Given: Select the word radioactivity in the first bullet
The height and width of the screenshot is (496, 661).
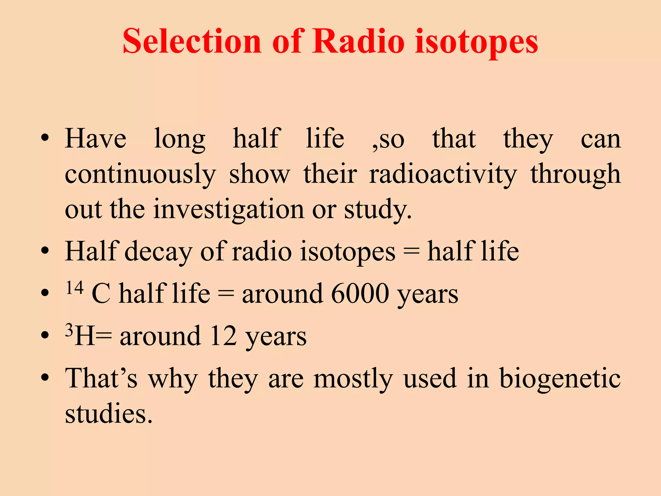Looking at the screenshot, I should click(443, 174).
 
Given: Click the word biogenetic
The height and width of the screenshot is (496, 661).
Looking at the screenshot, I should click(560, 378).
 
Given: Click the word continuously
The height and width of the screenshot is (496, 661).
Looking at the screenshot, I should click(140, 174).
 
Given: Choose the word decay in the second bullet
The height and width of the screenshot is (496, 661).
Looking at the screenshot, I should click(158, 252).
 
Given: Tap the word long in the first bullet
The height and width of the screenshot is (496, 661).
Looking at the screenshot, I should click(179, 139).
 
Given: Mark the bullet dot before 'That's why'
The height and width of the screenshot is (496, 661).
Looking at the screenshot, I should click(45, 377).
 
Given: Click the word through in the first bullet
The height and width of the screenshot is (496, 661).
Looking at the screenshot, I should click(575, 174).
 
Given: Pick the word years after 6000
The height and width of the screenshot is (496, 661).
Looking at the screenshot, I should click(427, 294).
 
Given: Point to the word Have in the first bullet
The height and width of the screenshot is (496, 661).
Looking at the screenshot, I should click(96, 139).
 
